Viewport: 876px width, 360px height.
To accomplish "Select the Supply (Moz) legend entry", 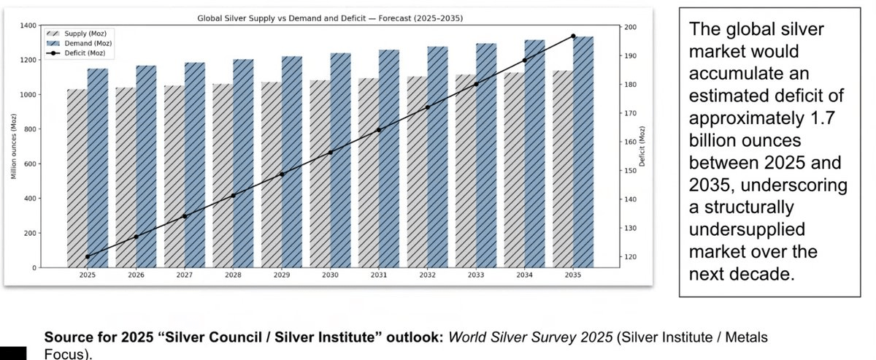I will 82,34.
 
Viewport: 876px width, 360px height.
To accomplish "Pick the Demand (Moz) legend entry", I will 82,43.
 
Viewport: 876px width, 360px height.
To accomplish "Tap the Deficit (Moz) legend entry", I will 82,53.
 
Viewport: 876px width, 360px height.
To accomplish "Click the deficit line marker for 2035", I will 573,36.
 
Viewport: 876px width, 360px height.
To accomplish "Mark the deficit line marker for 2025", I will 88,256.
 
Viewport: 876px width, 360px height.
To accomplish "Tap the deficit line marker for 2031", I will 378,130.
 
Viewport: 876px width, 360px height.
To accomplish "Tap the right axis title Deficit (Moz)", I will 643,147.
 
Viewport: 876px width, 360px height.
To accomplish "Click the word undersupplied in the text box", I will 746,229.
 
